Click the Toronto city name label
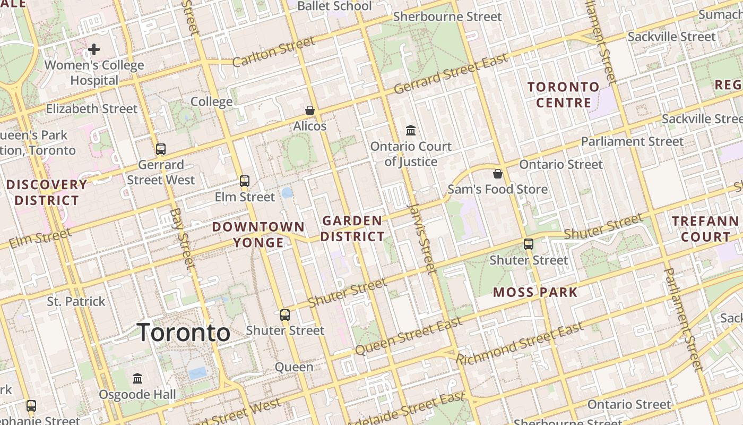pyautogui.click(x=184, y=333)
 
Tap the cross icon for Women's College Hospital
pyautogui.click(x=94, y=50)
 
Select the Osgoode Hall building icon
pyautogui.click(x=137, y=379)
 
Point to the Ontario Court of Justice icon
pyautogui.click(x=411, y=131)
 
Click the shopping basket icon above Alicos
pyautogui.click(x=310, y=110)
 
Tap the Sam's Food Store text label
pyautogui.click(x=497, y=190)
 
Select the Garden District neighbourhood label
pyautogui.click(x=352, y=228)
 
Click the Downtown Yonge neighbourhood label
pyautogui.click(x=258, y=235)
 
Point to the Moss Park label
pyautogui.click(x=535, y=292)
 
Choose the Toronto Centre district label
pyautogui.click(x=563, y=95)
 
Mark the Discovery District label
pyautogui.click(x=47, y=192)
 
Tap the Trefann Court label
pyautogui.click(x=705, y=229)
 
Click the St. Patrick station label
pyautogui.click(x=76, y=302)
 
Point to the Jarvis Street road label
pyautogui.click(x=422, y=237)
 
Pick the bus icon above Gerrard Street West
pyautogui.click(x=161, y=149)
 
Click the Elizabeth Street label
pyautogui.click(x=92, y=109)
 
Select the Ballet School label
pyautogui.click(x=334, y=6)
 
